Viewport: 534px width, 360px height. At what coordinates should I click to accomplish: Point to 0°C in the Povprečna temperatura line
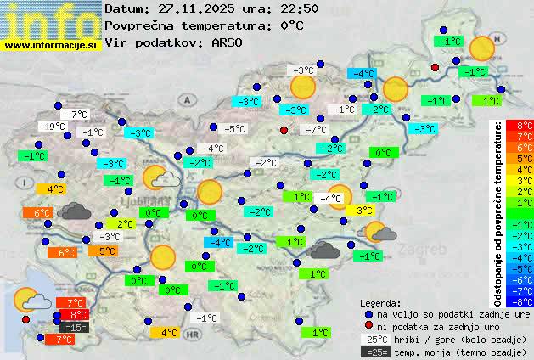291,25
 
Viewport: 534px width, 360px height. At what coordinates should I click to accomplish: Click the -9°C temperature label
55,127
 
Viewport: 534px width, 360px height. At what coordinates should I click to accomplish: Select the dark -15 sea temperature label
75,327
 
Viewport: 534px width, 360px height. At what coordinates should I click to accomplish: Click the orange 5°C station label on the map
107,250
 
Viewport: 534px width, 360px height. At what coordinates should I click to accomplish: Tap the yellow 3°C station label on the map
364,210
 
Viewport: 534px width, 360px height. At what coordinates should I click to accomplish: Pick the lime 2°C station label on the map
125,224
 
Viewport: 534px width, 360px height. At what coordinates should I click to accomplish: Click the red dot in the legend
367,325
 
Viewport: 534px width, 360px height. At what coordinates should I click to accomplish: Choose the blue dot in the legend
367,313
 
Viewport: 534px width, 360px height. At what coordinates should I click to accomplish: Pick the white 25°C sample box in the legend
375,339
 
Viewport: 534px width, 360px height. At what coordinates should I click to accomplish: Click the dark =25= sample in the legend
375,352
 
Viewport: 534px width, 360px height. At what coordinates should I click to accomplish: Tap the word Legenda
380,302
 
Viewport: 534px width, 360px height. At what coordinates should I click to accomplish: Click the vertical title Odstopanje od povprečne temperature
499,212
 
